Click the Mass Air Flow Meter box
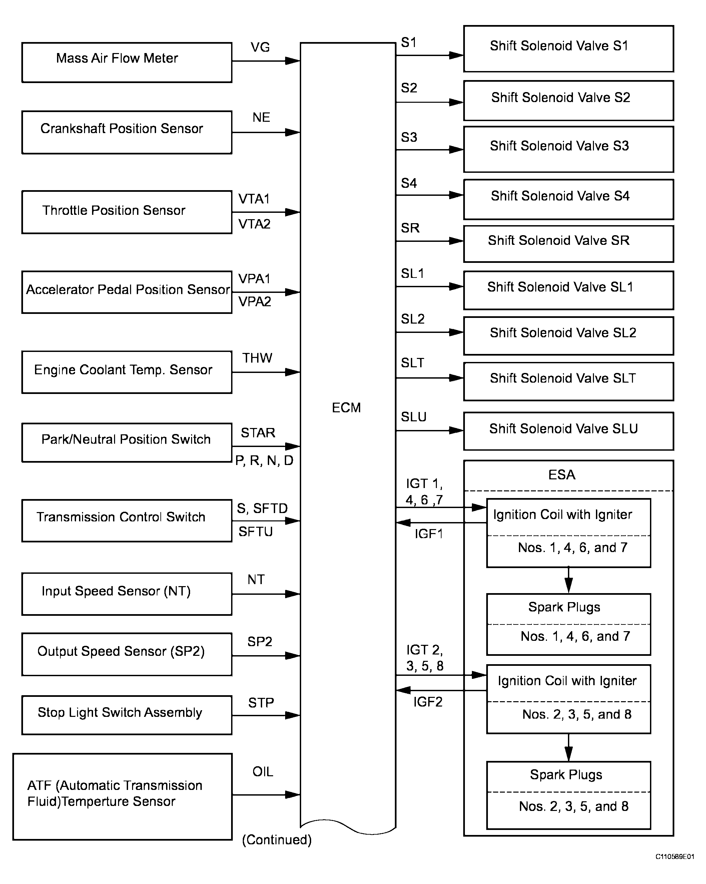(x=127, y=62)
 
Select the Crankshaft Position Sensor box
(x=127, y=132)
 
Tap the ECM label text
(x=346, y=408)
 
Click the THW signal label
(x=257, y=358)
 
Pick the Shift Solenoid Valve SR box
(x=568, y=244)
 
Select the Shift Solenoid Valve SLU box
(x=568, y=431)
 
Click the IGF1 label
(x=429, y=534)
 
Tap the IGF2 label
(x=428, y=702)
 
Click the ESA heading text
(x=562, y=475)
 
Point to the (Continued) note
(x=277, y=840)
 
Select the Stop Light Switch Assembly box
(x=127, y=715)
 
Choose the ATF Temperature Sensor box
(x=123, y=797)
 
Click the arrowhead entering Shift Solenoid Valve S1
(x=456, y=55)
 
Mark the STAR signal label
(x=258, y=433)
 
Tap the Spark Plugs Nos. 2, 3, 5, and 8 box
(x=568, y=796)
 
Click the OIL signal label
(x=262, y=772)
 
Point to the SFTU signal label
(x=255, y=532)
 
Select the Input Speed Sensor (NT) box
(x=127, y=594)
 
